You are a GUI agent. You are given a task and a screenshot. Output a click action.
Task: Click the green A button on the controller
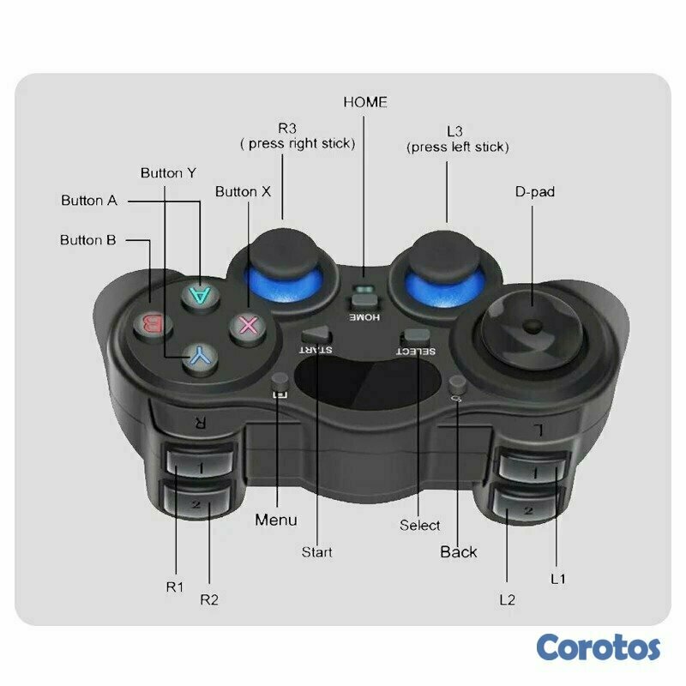pos(201,296)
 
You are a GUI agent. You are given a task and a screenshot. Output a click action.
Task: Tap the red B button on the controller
pos(153,326)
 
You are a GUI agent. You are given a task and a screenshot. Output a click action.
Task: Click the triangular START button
pos(316,335)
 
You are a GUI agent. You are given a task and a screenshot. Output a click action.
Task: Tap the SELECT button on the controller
pos(416,336)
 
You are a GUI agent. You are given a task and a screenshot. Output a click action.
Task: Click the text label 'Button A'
pos(89,201)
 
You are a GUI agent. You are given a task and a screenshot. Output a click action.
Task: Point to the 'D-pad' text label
pos(534,191)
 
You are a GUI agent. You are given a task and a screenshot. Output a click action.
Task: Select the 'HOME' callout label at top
pos(365,102)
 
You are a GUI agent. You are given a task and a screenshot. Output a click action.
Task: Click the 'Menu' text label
pos(276,520)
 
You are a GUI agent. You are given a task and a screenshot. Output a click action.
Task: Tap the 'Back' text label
pos(459,551)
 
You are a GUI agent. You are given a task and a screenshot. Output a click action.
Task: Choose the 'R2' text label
pos(209,599)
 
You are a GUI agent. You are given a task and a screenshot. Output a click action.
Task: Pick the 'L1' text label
pos(558,580)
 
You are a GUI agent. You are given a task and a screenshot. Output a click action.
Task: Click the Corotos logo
pos(599,647)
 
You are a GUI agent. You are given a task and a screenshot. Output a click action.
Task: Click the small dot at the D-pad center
pos(533,326)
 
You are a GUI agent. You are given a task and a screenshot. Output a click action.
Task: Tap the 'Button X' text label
pos(243,191)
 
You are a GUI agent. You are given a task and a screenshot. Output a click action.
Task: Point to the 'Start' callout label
pos(316,552)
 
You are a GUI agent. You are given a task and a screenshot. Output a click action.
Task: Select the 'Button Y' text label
pos(168,173)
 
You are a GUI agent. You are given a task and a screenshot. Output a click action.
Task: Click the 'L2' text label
pos(508,599)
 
